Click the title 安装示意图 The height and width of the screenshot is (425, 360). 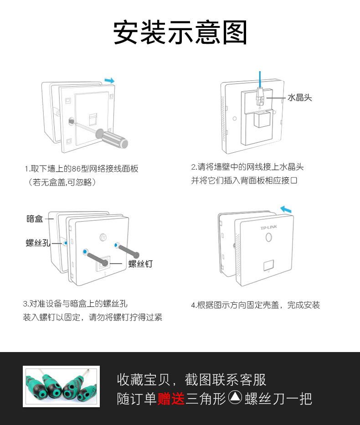[180, 32]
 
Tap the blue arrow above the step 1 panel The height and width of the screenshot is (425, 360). [109, 81]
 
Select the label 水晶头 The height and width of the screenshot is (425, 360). [299, 98]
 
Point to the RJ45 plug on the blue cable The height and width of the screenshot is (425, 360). [260, 97]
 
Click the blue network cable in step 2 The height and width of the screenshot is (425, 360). [260, 79]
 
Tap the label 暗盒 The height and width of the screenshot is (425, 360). [35, 219]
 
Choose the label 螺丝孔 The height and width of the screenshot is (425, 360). [38, 243]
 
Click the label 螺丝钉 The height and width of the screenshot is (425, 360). [141, 264]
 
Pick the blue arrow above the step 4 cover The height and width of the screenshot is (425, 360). [286, 209]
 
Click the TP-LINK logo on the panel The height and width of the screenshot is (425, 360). [269, 228]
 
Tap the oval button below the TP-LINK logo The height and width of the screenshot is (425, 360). [269, 237]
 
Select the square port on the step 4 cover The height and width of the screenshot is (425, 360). [268, 265]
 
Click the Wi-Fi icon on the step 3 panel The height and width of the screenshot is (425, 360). [103, 237]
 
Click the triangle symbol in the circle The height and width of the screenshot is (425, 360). [235, 397]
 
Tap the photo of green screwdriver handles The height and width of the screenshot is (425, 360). [61, 386]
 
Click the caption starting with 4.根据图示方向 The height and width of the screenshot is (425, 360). [256, 305]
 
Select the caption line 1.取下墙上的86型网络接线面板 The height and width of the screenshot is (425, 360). [82, 169]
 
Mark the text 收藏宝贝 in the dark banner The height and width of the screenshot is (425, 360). [144, 379]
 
